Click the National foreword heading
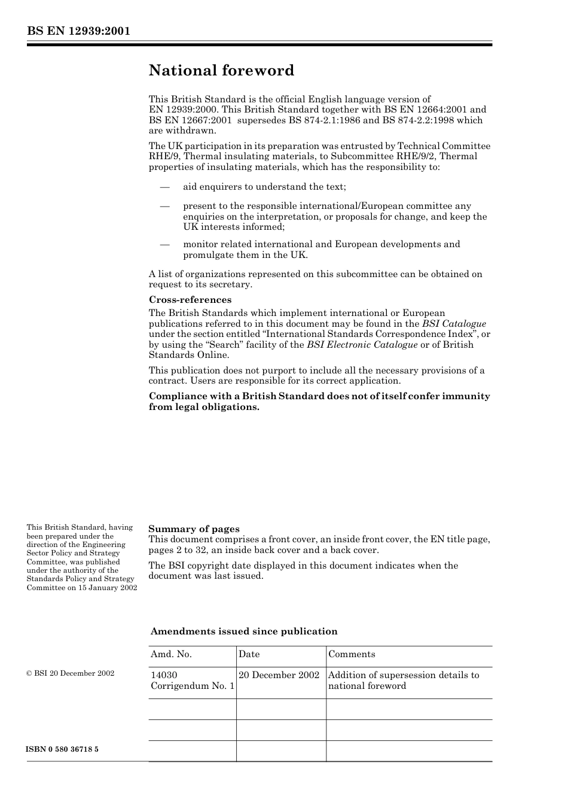(221, 71)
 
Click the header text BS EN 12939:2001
(78, 31)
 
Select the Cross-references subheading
(190, 300)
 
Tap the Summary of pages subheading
(194, 528)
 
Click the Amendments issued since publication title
(243, 631)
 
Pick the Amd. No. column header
(171, 654)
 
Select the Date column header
(249, 654)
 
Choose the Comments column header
(352, 654)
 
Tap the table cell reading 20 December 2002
(279, 675)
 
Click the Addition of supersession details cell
(404, 681)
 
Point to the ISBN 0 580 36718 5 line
(63, 749)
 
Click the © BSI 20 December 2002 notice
(70, 673)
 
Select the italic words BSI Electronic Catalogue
(362, 345)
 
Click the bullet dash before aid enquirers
(165, 187)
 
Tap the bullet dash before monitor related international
(165, 244)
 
